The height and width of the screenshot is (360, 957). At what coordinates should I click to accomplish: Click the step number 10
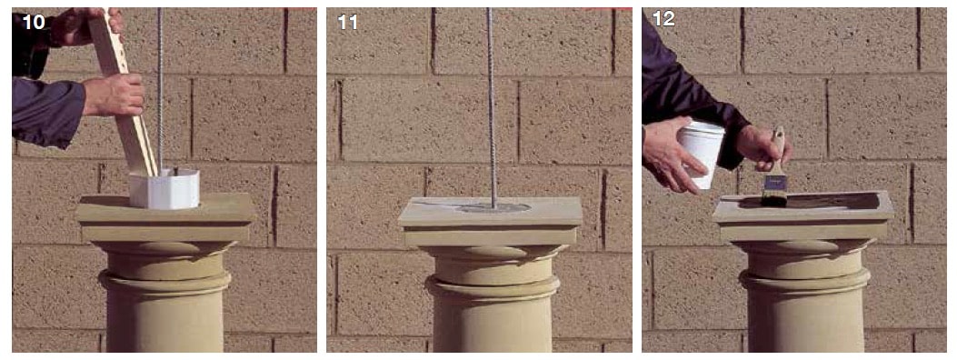(x=34, y=22)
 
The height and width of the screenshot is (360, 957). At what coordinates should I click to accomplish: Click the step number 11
(x=347, y=22)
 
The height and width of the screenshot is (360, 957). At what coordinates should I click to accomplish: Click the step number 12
(x=663, y=19)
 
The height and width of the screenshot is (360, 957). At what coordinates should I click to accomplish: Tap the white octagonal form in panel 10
(x=164, y=189)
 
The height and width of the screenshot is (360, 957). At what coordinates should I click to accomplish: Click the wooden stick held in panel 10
(x=125, y=92)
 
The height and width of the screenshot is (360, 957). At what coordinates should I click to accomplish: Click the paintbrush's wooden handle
(x=777, y=149)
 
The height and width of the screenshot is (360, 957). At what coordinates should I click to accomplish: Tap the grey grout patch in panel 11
(x=493, y=208)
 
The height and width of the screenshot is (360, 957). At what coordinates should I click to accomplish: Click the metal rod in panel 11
(x=491, y=107)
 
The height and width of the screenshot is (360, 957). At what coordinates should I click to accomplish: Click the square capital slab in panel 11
(x=490, y=221)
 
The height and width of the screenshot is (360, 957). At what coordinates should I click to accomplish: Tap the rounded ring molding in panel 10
(x=164, y=282)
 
